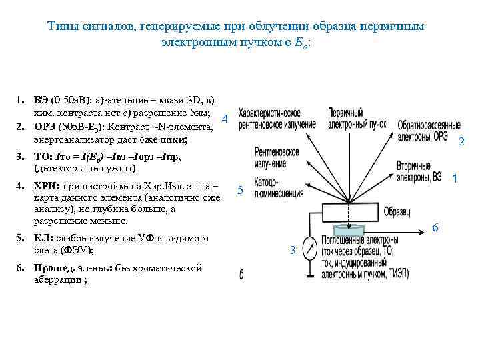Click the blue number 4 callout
coord(225,119)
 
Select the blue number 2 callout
coord(461,141)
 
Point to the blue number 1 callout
coord(454,179)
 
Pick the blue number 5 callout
coord(241,192)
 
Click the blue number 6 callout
coord(435,227)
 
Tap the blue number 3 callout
coord(292,250)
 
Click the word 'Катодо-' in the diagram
coord(269,181)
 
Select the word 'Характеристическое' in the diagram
coord(274,114)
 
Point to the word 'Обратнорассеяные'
coord(429,125)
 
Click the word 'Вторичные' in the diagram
coord(417,165)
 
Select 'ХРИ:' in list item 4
coord(47,187)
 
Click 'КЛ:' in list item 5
coord(45,238)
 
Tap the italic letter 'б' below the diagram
coord(241,274)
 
